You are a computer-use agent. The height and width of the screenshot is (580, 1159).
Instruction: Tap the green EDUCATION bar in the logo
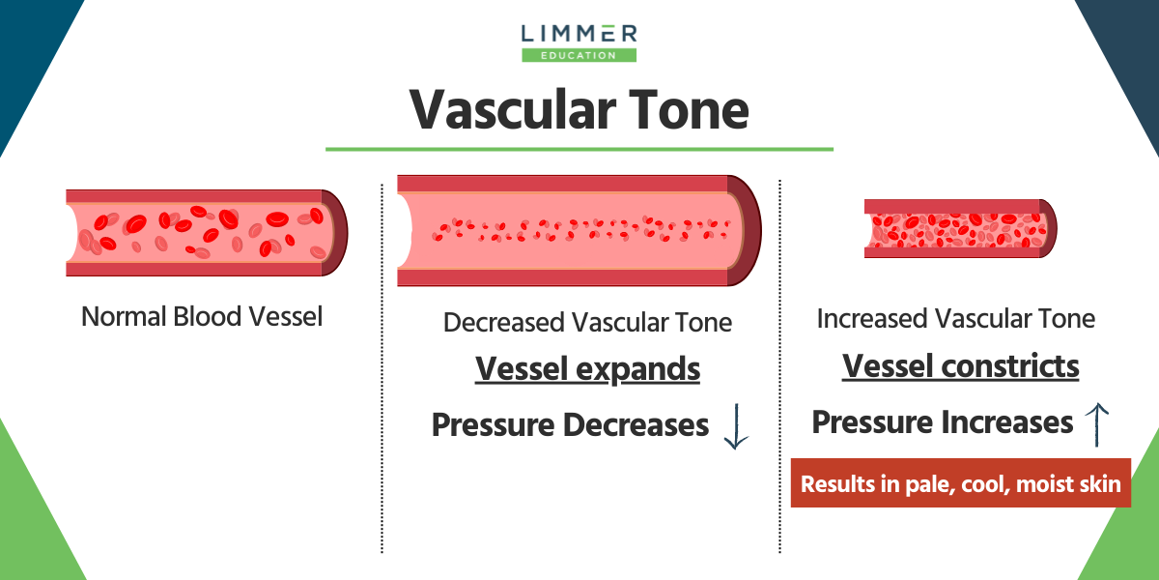579,55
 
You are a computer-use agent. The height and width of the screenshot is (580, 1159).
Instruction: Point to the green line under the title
579,149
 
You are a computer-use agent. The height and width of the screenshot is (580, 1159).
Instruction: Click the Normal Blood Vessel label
201,316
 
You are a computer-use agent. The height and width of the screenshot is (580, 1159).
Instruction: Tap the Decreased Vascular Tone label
587,322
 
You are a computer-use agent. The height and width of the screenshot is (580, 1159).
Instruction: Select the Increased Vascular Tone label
956,319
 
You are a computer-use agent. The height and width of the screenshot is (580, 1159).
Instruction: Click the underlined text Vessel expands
587,369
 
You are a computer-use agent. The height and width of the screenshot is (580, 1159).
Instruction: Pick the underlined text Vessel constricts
961,366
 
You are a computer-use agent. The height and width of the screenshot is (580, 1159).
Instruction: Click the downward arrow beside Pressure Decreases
736,426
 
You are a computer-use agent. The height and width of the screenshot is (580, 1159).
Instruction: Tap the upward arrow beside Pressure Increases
1097,423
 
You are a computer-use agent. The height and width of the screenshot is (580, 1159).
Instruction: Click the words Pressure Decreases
570,424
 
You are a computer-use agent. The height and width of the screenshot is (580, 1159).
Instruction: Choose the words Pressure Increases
943,422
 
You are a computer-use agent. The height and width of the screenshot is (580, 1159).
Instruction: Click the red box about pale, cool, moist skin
960,483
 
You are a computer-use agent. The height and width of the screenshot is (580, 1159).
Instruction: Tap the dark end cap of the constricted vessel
1049,229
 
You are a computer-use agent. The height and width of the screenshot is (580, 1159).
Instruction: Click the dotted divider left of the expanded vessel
382,367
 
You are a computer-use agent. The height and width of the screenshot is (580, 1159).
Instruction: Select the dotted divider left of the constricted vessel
780,367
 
